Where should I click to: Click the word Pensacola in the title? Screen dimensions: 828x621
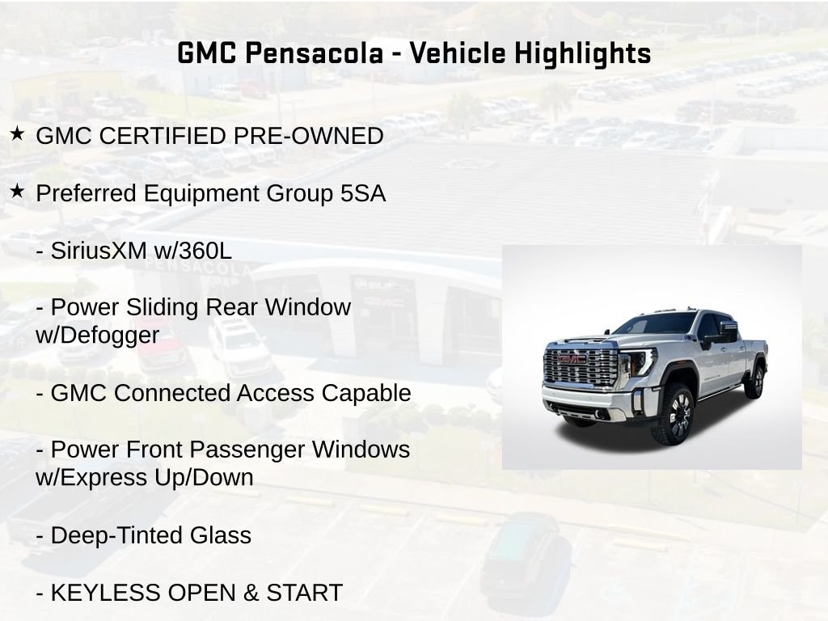click(315, 53)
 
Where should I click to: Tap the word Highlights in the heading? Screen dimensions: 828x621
click(582, 54)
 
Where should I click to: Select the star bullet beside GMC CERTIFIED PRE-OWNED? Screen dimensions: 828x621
click(17, 133)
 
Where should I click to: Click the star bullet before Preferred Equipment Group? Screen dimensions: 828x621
click(17, 191)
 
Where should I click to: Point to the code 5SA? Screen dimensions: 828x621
click(363, 193)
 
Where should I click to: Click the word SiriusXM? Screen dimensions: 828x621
click(99, 251)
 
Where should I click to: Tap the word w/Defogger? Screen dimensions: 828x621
click(97, 336)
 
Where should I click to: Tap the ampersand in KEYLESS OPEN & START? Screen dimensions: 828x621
click(251, 593)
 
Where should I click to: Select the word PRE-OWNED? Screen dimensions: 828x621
click(308, 136)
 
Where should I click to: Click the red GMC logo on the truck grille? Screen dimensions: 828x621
click(572, 359)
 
